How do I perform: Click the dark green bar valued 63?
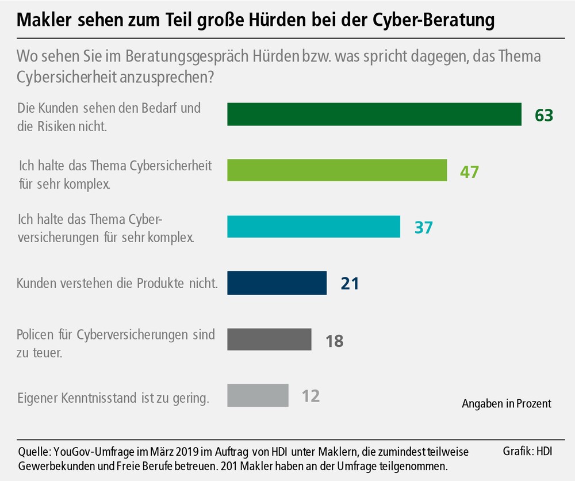click(x=374, y=114)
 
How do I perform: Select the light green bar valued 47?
click(x=337, y=170)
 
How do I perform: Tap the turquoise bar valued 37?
click(x=313, y=226)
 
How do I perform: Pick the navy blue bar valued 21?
click(x=277, y=283)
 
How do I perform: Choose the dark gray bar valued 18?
click(x=269, y=339)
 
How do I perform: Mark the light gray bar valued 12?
click(x=258, y=395)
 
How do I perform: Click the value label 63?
click(x=543, y=114)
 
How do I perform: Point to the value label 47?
click(x=469, y=171)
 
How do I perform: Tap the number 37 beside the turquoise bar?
click(x=423, y=227)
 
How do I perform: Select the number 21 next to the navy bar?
click(x=350, y=283)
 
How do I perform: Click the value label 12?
click(x=310, y=396)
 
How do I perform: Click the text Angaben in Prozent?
click(x=506, y=404)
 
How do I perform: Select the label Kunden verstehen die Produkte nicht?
click(x=117, y=283)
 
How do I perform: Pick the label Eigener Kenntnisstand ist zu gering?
click(x=112, y=396)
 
